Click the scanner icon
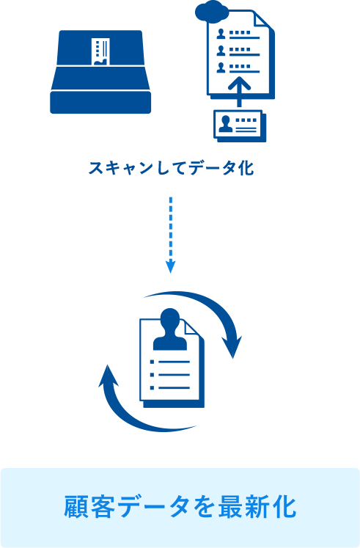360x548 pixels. pos(100,72)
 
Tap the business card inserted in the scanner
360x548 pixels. pos(100,51)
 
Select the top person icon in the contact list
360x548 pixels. pos(221,33)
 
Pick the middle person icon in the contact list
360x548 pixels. pos(221,51)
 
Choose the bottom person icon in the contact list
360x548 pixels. pos(221,67)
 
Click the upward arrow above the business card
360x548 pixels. pos(239,91)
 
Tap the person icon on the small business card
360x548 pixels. pos(226,123)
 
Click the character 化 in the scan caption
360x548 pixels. pos(246,168)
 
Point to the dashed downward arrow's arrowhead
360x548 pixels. pos(170,267)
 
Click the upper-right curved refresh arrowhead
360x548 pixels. pos(232,346)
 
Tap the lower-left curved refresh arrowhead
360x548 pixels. pos(109,376)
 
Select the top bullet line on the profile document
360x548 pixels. pos(169,362)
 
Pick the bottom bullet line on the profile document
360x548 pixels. pos(169,387)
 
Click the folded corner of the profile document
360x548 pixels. pos(192,329)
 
